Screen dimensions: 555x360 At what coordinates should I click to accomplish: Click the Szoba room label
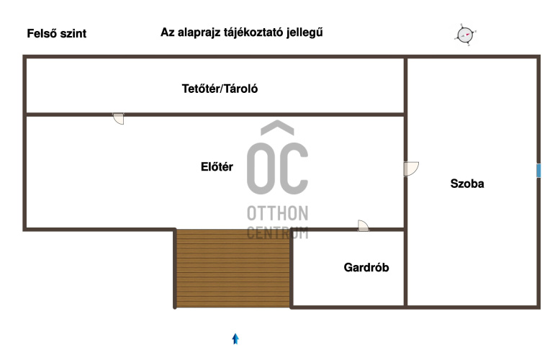467,184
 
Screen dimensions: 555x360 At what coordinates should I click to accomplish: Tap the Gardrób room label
366,267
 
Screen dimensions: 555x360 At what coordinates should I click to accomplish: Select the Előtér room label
217,167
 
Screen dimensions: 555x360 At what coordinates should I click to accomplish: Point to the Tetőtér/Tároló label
220,89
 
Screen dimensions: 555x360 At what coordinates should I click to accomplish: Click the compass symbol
465,35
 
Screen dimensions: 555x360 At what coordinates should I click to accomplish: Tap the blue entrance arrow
235,339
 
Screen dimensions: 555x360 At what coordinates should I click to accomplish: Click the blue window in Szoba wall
538,171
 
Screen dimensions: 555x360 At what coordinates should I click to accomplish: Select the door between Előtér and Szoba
410,169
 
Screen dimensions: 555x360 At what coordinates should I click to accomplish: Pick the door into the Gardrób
363,226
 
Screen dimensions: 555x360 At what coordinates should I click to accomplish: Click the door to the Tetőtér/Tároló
119,119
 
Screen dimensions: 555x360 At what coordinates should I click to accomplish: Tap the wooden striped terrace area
233,269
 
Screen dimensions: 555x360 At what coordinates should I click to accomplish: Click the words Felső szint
57,33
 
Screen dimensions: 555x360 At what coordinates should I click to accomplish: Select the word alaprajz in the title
199,32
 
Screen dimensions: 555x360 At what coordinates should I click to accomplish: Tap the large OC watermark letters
278,169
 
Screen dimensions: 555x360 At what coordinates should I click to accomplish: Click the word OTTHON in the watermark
278,213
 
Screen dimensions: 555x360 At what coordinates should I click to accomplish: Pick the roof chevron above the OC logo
278,127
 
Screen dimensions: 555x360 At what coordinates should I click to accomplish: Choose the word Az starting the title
168,32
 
